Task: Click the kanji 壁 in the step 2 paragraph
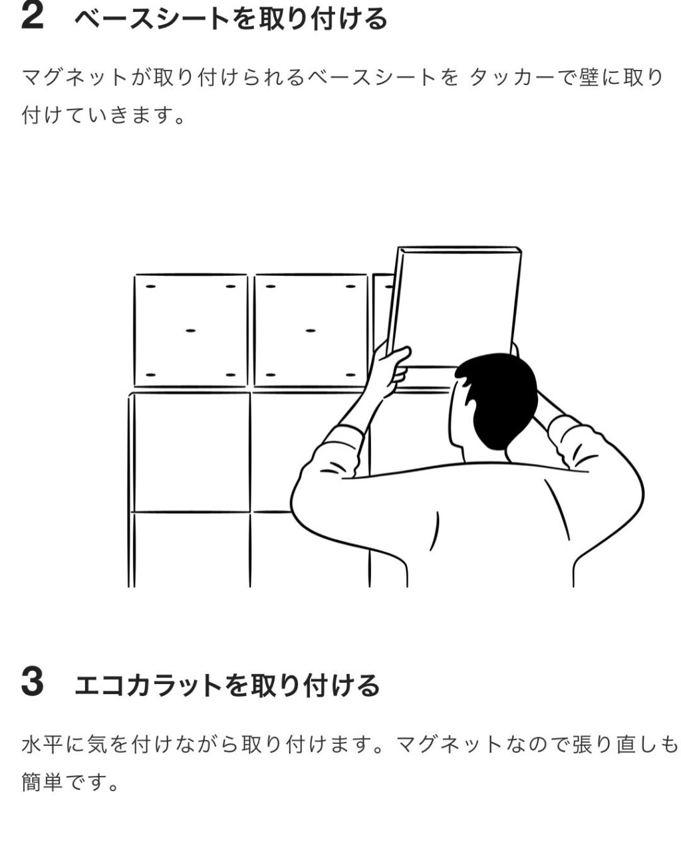click(x=589, y=76)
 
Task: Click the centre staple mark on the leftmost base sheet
click(x=191, y=330)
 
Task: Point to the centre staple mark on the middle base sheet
click(x=311, y=330)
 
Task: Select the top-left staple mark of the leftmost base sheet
click(x=151, y=287)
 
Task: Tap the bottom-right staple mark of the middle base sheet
click(x=351, y=374)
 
